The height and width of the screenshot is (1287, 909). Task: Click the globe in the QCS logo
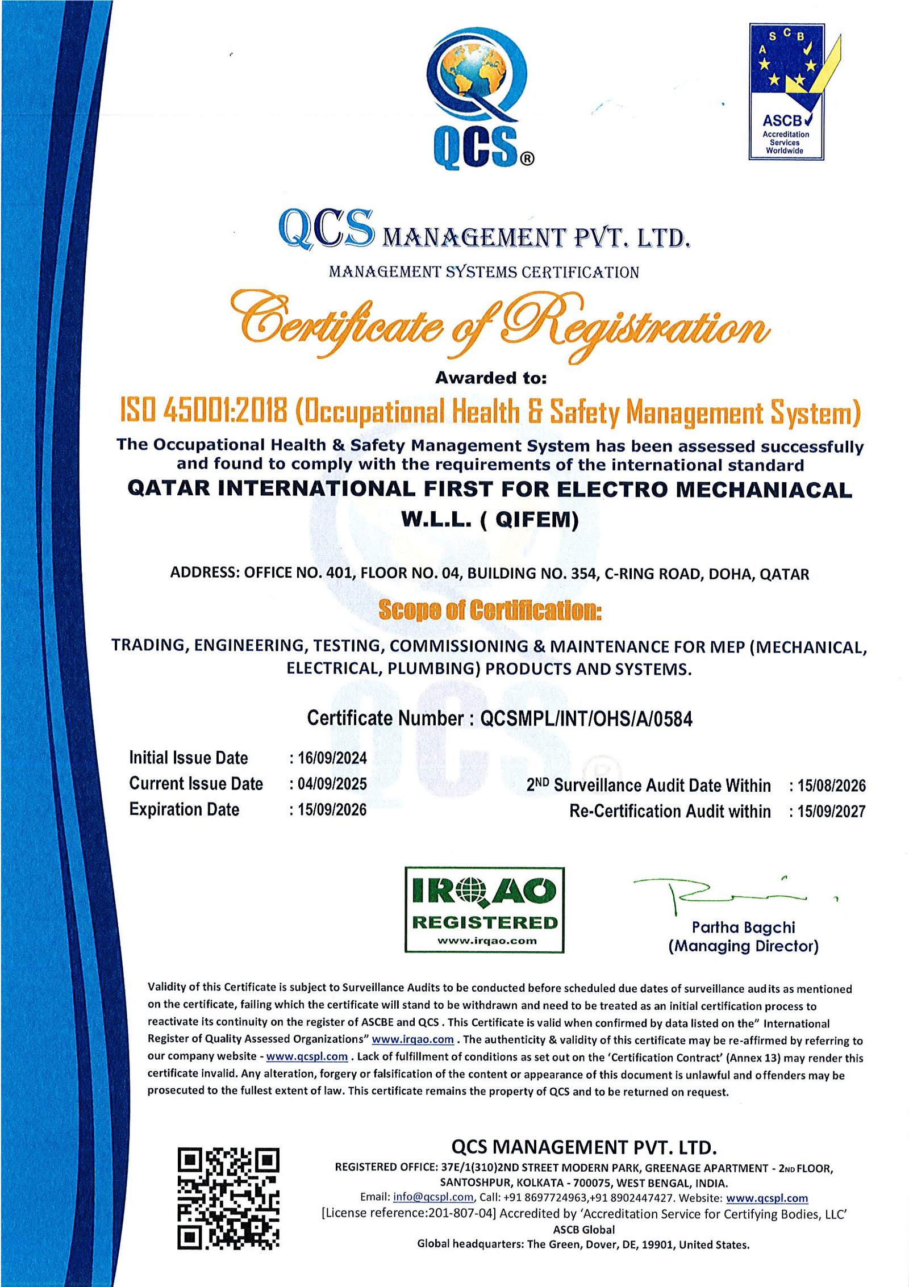click(x=475, y=74)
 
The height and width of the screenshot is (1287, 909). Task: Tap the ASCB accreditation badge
click(x=787, y=91)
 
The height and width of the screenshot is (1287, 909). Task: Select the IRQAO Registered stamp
click(x=484, y=910)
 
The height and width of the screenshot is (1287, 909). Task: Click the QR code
click(x=228, y=1198)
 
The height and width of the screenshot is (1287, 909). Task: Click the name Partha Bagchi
click(x=743, y=927)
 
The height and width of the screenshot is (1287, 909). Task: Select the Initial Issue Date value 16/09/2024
click(x=332, y=758)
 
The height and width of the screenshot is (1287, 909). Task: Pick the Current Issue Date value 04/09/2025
click(x=332, y=784)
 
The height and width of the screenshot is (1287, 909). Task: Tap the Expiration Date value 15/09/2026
click(x=332, y=809)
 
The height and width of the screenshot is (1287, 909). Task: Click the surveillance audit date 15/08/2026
click(x=831, y=785)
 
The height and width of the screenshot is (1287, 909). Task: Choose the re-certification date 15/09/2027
click(x=831, y=811)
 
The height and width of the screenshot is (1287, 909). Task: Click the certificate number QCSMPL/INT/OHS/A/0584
click(x=586, y=719)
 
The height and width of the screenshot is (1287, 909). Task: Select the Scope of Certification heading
click(x=490, y=611)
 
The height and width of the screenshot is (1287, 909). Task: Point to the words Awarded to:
click(x=491, y=378)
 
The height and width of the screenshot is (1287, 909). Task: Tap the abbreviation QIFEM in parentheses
click(x=536, y=519)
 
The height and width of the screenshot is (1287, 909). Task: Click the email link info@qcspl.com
click(x=433, y=1197)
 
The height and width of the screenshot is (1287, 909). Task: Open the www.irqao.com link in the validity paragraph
click(x=412, y=1039)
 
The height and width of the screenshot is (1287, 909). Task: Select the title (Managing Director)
click(x=743, y=946)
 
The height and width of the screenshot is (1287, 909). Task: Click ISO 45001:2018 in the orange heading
click(x=203, y=411)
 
